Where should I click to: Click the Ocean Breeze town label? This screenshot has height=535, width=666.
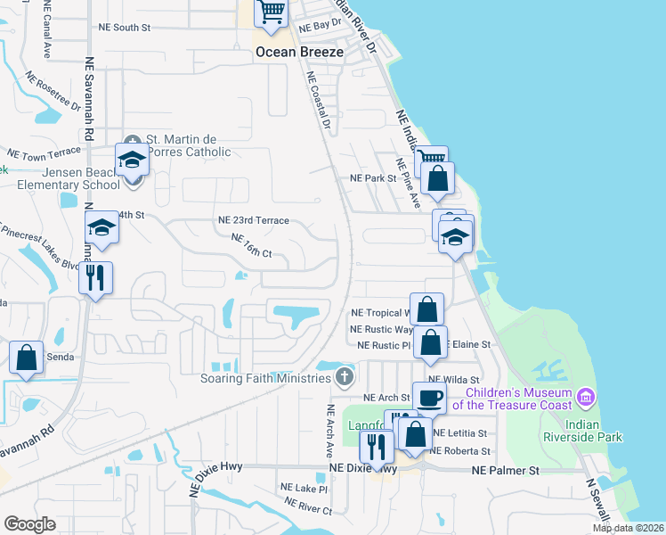click(299, 52)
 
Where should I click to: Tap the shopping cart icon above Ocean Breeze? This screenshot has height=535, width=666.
click(271, 13)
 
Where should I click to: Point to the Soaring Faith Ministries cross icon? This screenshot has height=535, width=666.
click(345, 378)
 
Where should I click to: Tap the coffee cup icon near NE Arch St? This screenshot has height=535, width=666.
click(428, 398)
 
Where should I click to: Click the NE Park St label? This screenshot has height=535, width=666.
click(372, 178)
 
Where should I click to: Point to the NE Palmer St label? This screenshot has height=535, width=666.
click(505, 469)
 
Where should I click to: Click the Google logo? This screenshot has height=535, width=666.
click(29, 523)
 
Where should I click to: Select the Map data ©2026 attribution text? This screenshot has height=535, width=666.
click(629, 528)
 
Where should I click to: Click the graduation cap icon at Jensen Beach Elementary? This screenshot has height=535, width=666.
click(133, 160)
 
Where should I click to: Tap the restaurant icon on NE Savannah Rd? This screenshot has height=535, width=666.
click(95, 277)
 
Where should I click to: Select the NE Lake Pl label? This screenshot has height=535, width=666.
click(304, 489)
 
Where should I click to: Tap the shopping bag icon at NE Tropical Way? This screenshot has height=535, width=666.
click(426, 309)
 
